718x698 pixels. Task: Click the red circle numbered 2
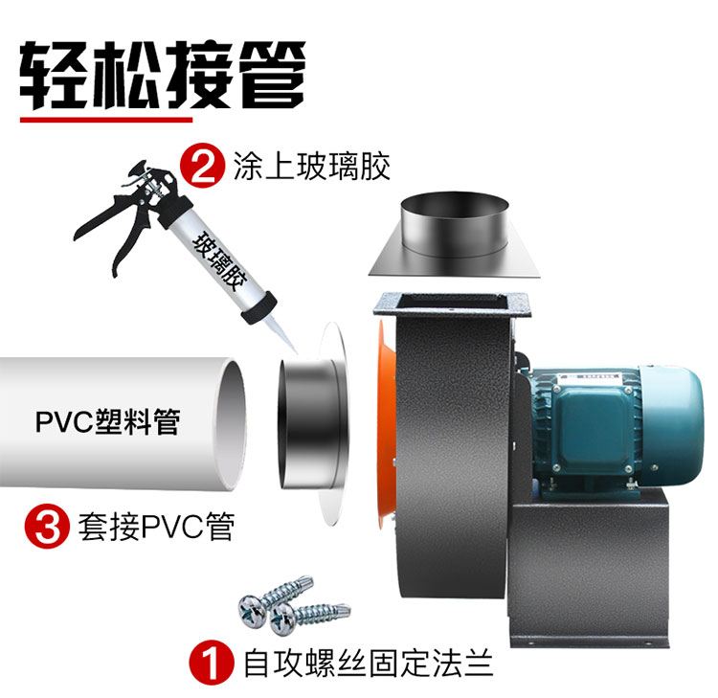tap(202, 166)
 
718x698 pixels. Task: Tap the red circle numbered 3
tap(47, 527)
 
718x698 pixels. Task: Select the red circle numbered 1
tap(212, 663)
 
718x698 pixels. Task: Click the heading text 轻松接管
tap(163, 75)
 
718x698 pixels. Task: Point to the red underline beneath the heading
tap(106, 120)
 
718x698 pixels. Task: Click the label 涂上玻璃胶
tap(312, 167)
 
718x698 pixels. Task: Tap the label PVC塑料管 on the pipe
tap(107, 422)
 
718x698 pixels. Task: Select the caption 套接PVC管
tap(156, 527)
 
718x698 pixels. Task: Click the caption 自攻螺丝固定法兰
tap(369, 663)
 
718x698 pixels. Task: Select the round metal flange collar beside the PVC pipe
tap(316, 423)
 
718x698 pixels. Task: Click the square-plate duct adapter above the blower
tap(455, 235)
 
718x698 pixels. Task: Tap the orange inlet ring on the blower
tap(386, 423)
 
